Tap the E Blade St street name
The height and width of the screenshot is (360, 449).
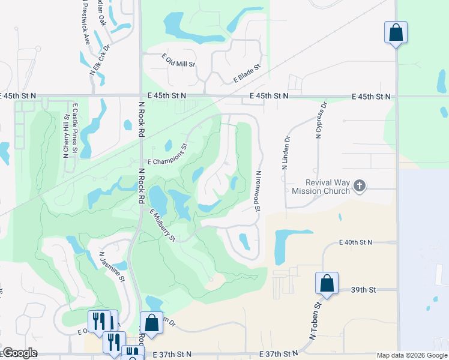pyautogui.click(x=248, y=75)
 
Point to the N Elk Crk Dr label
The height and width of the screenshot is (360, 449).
pyautogui.click(x=100, y=59)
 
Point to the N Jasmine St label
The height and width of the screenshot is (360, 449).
pyautogui.click(x=111, y=266)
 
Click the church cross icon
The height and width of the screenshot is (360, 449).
pyautogui.click(x=360, y=186)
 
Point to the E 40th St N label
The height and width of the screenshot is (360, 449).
pyautogui.click(x=355, y=242)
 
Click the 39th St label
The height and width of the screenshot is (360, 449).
pyautogui.click(x=363, y=289)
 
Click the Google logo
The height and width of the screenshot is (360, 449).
pyautogui.click(x=20, y=353)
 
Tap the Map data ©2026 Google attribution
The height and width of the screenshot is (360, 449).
pyautogui.click(x=411, y=356)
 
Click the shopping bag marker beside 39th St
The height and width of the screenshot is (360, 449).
pyautogui.click(x=327, y=283)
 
